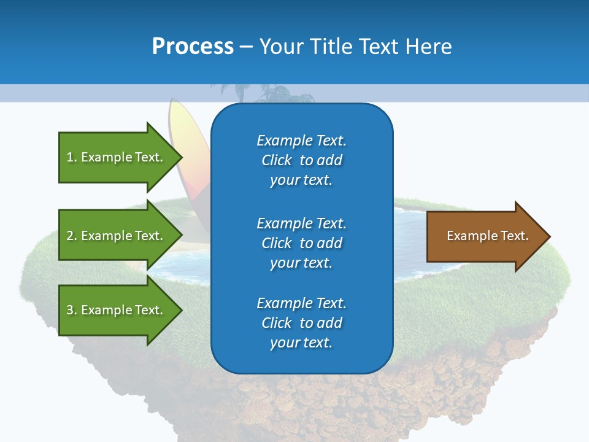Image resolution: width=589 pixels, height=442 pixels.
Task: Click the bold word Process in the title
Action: [193, 47]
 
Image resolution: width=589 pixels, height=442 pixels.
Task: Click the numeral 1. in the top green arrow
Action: [72, 157]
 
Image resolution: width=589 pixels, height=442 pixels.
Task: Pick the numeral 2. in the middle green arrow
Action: [72, 236]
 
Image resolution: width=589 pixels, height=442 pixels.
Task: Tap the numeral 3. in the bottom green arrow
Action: [72, 310]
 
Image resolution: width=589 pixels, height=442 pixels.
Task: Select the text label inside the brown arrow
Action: [487, 236]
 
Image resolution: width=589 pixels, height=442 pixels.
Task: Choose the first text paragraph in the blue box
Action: [301, 160]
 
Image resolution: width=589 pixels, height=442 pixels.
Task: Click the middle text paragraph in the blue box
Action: [301, 243]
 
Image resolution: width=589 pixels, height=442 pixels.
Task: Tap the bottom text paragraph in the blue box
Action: [301, 323]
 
